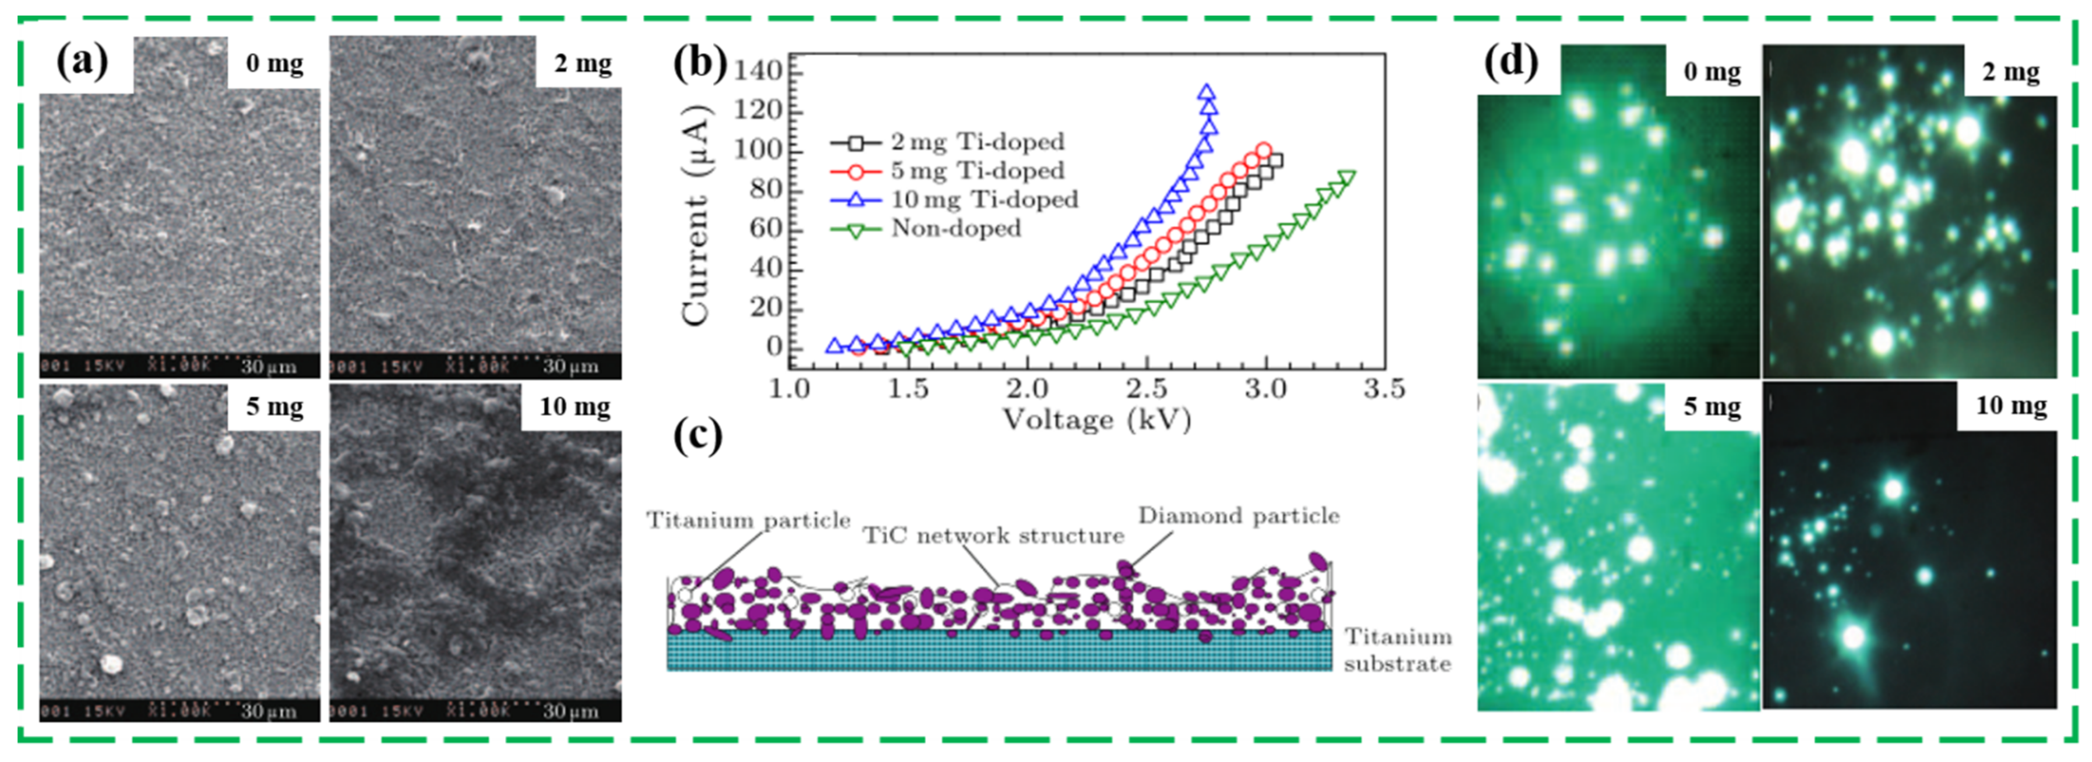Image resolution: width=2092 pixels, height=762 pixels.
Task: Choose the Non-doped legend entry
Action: pyautogui.click(x=955, y=229)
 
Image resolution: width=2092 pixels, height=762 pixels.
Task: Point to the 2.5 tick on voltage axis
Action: pyautogui.click(x=1146, y=389)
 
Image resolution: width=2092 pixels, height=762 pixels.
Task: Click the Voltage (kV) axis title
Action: pyautogui.click(x=1096, y=420)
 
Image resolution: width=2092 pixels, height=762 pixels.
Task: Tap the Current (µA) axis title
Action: pyautogui.click(x=696, y=215)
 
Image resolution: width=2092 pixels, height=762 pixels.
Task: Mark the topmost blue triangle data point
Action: pyautogui.click(x=1207, y=92)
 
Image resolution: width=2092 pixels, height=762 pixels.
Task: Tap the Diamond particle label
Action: pyautogui.click(x=1238, y=516)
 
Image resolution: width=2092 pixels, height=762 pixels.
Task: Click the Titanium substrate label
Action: pyautogui.click(x=1397, y=650)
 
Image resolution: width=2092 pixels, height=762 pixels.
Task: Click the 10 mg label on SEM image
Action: pyautogui.click(x=575, y=406)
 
